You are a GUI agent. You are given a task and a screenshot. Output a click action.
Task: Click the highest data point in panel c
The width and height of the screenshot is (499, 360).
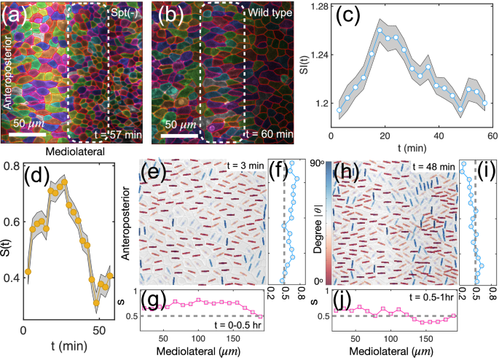pyautogui.click(x=380, y=31)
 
